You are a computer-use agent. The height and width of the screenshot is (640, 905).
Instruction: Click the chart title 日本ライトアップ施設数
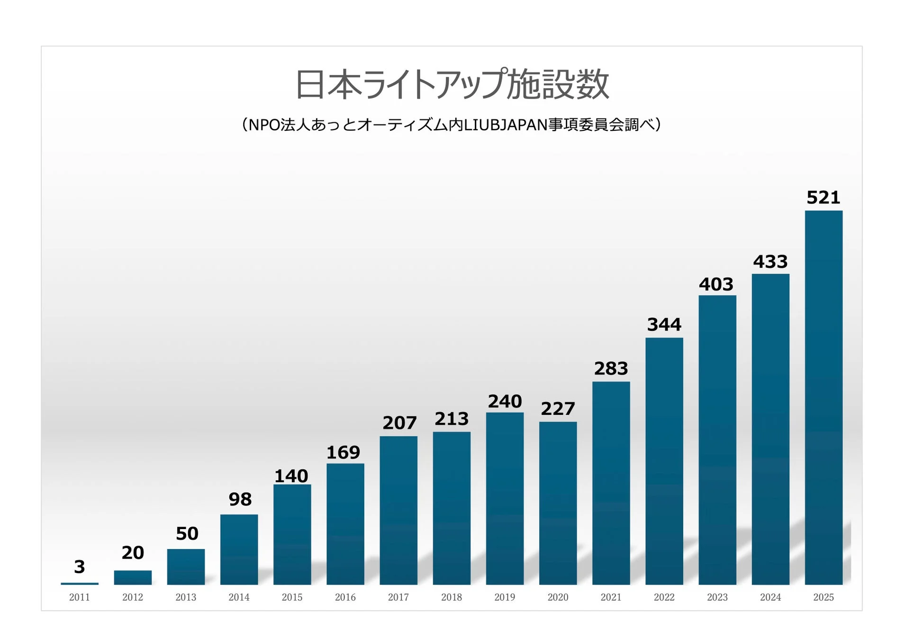[x=452, y=84]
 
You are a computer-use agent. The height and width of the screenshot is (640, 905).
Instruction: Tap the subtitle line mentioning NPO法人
[x=452, y=125]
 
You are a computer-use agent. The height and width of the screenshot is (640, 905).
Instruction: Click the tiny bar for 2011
[x=80, y=583]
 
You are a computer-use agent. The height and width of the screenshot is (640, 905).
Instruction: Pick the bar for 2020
[x=558, y=503]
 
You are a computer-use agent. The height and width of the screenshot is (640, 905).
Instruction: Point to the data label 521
[x=823, y=198]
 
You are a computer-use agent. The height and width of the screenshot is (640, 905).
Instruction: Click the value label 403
[x=716, y=284]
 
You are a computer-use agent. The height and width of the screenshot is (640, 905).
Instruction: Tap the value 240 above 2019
[x=505, y=402]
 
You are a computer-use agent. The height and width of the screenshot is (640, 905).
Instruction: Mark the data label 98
[x=240, y=499]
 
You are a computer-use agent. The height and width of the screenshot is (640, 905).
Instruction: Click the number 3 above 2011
[x=80, y=567]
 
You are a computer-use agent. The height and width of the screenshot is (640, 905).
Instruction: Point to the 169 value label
[x=343, y=452]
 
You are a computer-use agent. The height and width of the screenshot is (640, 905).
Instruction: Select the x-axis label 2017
[x=398, y=597]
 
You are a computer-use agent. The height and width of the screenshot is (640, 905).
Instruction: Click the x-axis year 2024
[x=770, y=597]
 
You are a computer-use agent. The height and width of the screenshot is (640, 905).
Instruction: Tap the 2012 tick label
[x=133, y=597]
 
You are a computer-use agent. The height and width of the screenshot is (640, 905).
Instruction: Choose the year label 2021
[x=611, y=597]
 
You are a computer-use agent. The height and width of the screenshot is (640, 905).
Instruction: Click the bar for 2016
[x=345, y=524]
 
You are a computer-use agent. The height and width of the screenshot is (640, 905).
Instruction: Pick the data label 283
[x=611, y=368]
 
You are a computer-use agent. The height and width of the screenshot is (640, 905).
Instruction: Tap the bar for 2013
[x=186, y=567]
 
